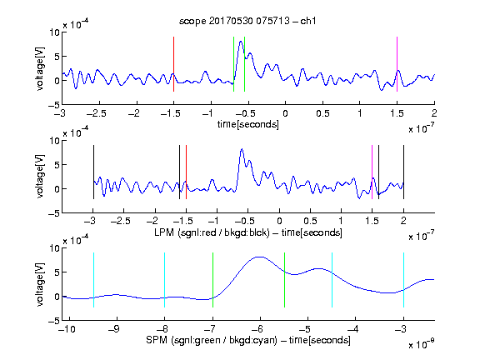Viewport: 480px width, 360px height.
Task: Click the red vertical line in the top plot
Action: (173, 64)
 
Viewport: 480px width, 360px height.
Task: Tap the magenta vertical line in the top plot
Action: (397, 64)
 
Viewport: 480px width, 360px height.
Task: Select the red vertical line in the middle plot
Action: (186, 172)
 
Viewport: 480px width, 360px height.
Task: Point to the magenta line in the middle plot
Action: (372, 172)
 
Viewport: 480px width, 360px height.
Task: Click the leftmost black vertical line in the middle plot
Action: (93, 172)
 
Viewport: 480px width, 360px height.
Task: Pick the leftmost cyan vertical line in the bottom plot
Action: (93, 280)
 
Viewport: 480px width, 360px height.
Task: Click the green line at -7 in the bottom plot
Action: (212, 280)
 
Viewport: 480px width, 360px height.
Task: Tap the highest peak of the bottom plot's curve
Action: (260, 257)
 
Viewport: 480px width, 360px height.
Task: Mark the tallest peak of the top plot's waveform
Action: (241, 41)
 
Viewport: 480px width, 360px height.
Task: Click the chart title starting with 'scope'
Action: (247, 21)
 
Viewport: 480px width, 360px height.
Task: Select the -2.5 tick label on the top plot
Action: (97, 114)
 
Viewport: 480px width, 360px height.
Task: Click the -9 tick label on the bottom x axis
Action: (114, 329)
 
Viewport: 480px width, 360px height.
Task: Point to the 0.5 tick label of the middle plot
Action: (310, 221)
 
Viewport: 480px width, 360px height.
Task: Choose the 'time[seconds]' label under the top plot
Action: (248, 124)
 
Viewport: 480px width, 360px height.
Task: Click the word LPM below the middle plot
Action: (164, 232)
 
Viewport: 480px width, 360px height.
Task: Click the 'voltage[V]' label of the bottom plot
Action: (40, 284)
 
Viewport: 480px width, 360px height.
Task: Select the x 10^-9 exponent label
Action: (421, 344)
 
